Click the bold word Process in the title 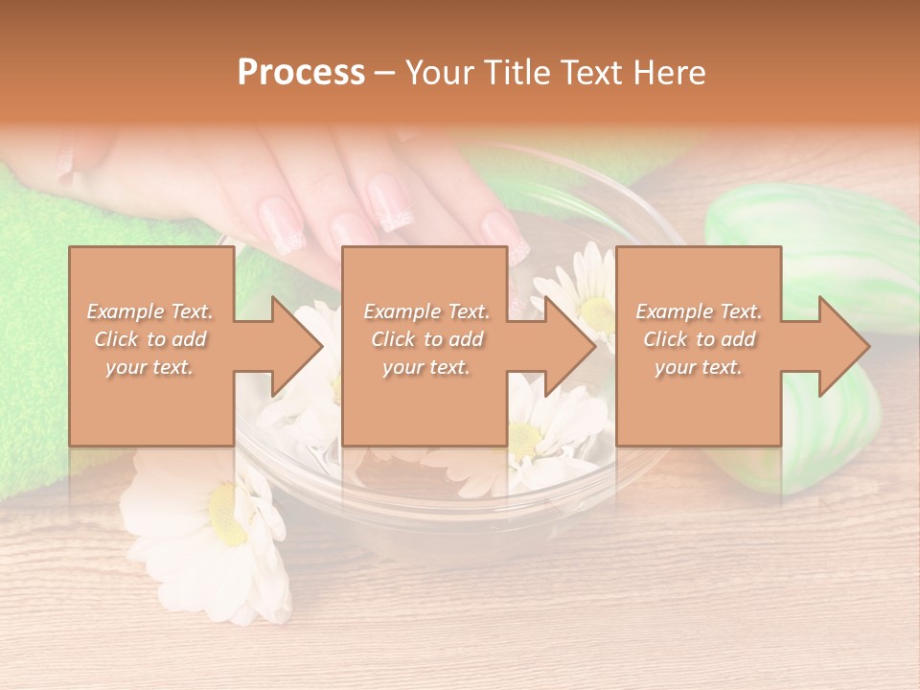click(301, 73)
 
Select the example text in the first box click(150, 339)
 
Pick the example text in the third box click(699, 339)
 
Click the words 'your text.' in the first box click(149, 367)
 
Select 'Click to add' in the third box click(699, 339)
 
